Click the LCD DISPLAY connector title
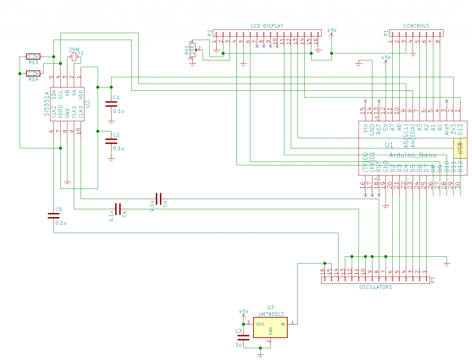coord(267,26)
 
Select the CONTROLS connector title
coord(416,26)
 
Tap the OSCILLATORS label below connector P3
coord(375,287)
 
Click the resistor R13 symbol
coord(33,57)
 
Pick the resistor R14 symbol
coord(33,74)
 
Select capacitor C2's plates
coord(111,142)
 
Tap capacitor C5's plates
coord(53,215)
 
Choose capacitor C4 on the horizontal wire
coord(159,199)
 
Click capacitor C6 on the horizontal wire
coord(118,209)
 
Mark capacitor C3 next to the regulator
coord(243,338)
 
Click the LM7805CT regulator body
coord(270,327)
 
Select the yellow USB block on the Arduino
coord(459,148)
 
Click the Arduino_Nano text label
coord(413,155)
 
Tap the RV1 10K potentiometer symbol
coord(193,49)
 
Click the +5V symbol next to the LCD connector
coord(331,32)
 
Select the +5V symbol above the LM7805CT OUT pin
coord(243,313)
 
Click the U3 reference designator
coord(270,307)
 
